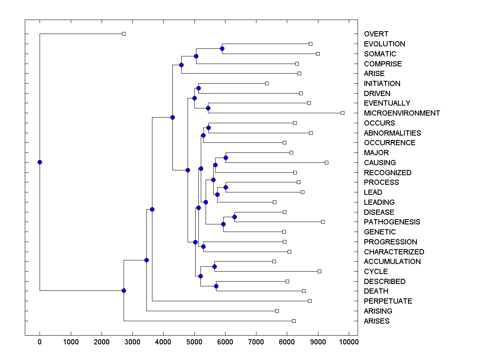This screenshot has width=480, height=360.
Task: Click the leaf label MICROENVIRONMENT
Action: pos(402,113)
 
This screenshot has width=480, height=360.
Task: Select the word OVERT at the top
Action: pos(376,34)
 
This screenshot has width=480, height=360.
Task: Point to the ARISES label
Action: pos(376,321)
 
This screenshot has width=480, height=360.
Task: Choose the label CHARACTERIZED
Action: pos(394,252)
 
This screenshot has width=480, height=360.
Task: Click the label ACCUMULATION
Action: pos(392,262)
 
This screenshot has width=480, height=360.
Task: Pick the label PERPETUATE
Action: pos(388,301)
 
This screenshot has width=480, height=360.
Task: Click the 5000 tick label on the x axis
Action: pos(194,342)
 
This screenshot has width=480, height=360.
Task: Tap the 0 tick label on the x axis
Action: pos(40,342)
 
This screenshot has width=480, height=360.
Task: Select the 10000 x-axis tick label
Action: pos(349,342)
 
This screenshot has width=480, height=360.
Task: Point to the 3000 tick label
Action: pos(132,342)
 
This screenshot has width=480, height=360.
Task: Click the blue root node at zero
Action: pos(40,162)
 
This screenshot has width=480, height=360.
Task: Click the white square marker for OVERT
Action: pos(124,34)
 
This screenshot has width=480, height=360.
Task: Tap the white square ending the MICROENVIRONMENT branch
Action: pos(342,113)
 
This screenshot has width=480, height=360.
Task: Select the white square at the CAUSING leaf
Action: pos(326,162)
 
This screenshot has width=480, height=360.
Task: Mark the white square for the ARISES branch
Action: pos(294,321)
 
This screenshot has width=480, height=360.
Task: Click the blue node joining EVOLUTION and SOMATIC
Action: pos(222,49)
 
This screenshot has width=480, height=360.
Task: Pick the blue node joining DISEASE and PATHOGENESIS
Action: pos(235,217)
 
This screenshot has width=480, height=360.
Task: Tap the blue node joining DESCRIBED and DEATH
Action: pos(216,286)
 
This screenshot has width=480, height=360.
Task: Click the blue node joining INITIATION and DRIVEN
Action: pos(198,88)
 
